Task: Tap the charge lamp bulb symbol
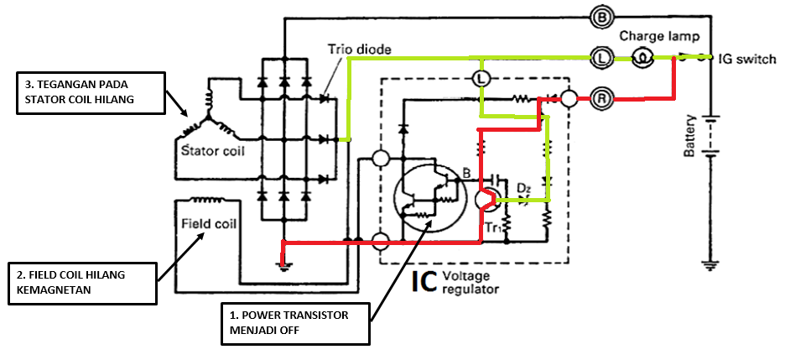pos(642,57)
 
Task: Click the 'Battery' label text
pos(689,136)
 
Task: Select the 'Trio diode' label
pos(359,50)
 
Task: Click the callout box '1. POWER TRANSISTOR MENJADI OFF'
pos(297,323)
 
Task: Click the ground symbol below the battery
pos(710,266)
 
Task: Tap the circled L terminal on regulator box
pos(480,77)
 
